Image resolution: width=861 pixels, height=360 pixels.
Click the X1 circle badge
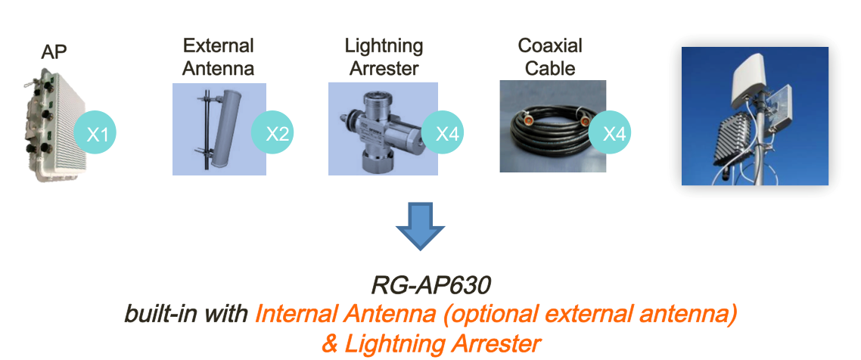pyautogui.click(x=95, y=133)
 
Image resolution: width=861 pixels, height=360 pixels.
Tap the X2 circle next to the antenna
pyautogui.click(x=272, y=133)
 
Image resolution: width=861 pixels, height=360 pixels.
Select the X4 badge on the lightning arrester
pyautogui.click(x=443, y=133)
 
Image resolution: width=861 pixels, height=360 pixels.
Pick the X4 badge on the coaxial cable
pyautogui.click(x=610, y=133)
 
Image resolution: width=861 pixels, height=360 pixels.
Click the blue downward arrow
pyautogui.click(x=420, y=226)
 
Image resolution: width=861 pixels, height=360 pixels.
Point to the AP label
pyautogui.click(x=54, y=53)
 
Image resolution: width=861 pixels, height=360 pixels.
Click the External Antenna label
pyautogui.click(x=218, y=57)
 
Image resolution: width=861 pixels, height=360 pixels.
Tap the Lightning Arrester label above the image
pyautogui.click(x=384, y=57)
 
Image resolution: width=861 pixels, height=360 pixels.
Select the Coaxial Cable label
pyautogui.click(x=549, y=57)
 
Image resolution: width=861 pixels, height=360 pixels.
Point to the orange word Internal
pyautogui.click(x=291, y=315)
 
